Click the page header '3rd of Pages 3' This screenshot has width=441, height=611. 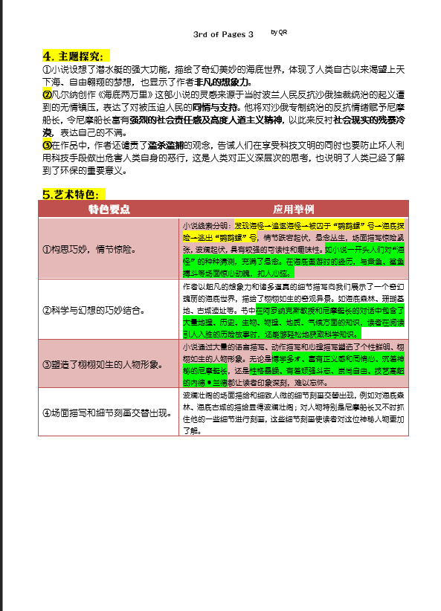(x=223, y=35)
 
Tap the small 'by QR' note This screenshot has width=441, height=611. (x=280, y=32)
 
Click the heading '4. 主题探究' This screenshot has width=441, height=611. (x=75, y=56)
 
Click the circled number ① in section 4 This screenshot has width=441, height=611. (x=47, y=70)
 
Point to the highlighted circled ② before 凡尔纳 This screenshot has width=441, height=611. (x=47, y=94)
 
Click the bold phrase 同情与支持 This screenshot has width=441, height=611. (x=234, y=107)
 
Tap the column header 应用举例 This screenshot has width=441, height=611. (x=294, y=209)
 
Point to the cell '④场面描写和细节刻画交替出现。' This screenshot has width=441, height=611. (x=106, y=412)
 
